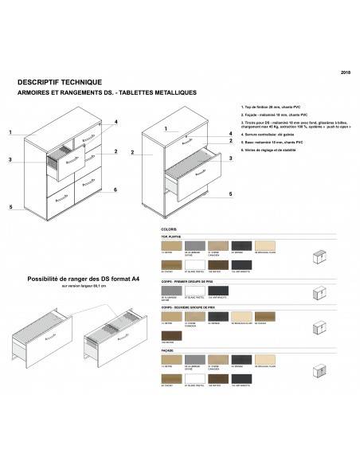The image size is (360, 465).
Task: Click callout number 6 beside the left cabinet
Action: point(115,190)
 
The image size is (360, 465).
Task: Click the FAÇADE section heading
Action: point(167,350)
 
